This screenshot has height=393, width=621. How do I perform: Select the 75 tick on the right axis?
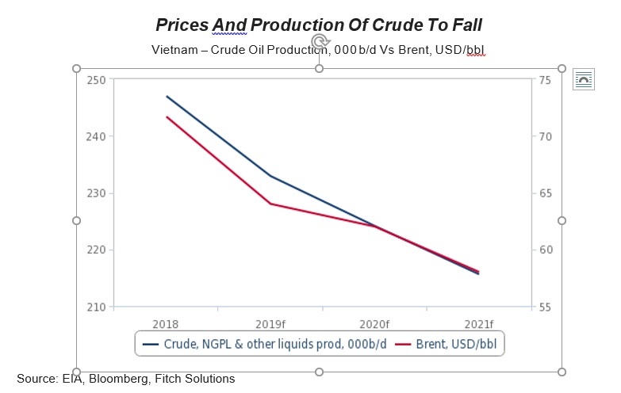(544, 79)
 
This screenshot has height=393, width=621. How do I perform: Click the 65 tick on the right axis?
(544, 193)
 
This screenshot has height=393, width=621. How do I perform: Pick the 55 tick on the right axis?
(544, 307)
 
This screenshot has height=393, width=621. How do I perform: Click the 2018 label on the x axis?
(167, 323)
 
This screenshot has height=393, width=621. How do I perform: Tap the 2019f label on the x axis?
(270, 323)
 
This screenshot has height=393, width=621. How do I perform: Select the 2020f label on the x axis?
(374, 323)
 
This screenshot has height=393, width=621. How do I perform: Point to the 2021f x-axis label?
(478, 323)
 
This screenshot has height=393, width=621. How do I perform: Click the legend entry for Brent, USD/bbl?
(450, 345)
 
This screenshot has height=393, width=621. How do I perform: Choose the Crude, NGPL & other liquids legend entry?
(265, 345)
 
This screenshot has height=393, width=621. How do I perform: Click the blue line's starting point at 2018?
(167, 96)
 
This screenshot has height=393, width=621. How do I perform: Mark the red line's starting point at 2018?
(167, 116)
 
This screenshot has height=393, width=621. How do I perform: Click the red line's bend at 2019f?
(270, 204)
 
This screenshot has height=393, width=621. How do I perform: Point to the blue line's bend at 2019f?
(270, 176)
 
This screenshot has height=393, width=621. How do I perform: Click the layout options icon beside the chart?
(584, 79)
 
